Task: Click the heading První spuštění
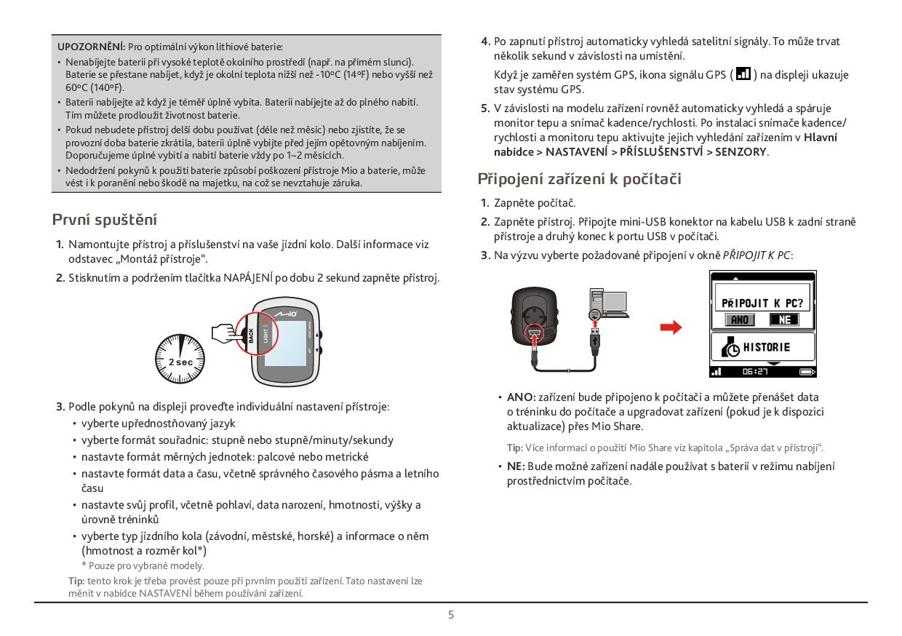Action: point(105,220)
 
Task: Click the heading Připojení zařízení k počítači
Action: point(579,179)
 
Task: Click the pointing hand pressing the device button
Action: point(225,334)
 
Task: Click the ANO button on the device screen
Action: point(740,319)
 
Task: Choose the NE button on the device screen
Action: point(784,319)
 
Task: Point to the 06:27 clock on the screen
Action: point(756,372)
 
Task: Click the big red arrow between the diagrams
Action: point(671,327)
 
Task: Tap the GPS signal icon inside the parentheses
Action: point(743,74)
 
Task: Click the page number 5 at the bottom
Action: point(451,615)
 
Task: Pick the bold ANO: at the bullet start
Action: point(521,397)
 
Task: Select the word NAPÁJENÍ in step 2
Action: point(249,278)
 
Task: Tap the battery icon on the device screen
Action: point(807,372)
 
